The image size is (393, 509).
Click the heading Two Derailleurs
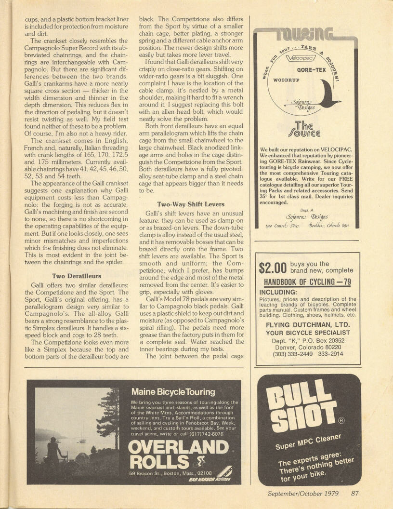[x=77, y=275]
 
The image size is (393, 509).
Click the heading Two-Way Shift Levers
[x=191, y=204]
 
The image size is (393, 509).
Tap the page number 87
[x=355, y=493]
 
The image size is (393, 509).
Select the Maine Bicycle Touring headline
[x=173, y=392]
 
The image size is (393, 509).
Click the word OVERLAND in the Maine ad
[x=178, y=447]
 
